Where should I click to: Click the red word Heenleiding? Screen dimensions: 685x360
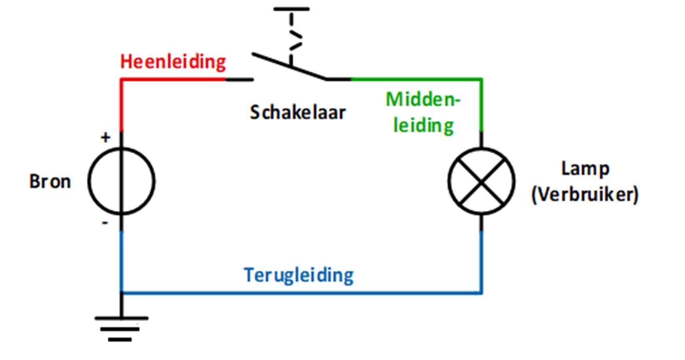173,62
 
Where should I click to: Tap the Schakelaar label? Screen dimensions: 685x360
297,112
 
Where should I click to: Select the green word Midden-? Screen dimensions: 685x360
423,100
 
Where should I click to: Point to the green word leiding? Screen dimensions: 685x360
423,125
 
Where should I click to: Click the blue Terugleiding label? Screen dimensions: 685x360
299,275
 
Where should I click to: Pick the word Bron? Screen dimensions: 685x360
50,182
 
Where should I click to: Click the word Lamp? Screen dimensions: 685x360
585,169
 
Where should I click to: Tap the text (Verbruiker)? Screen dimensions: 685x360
585,195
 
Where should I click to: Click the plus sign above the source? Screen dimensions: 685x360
106,137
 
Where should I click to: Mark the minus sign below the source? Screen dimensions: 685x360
105,223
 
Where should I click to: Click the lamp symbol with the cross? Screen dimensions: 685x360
481,181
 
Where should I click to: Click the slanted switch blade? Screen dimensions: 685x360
289,66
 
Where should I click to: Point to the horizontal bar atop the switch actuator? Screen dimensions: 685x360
291,9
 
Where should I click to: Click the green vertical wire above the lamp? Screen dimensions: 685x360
482,106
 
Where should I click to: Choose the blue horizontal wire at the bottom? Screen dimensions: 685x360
300,293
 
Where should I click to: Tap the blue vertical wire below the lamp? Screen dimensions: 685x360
482,262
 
